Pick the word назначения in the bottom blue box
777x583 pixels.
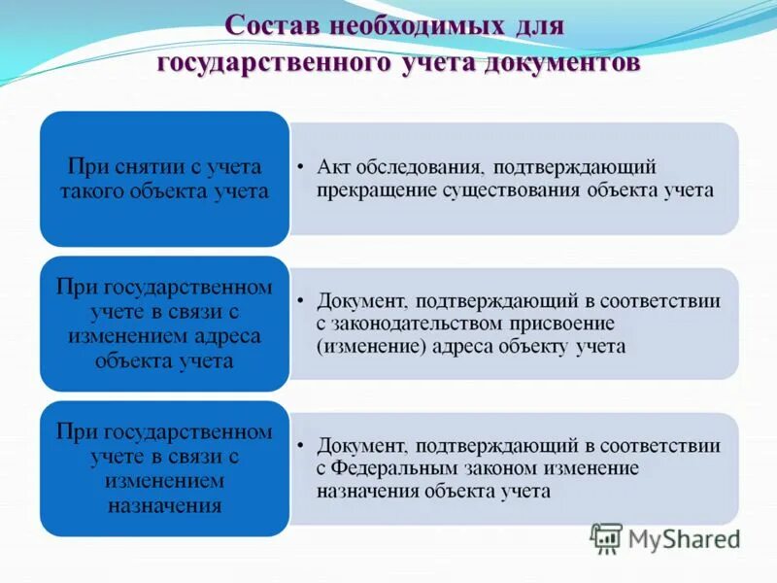166,504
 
